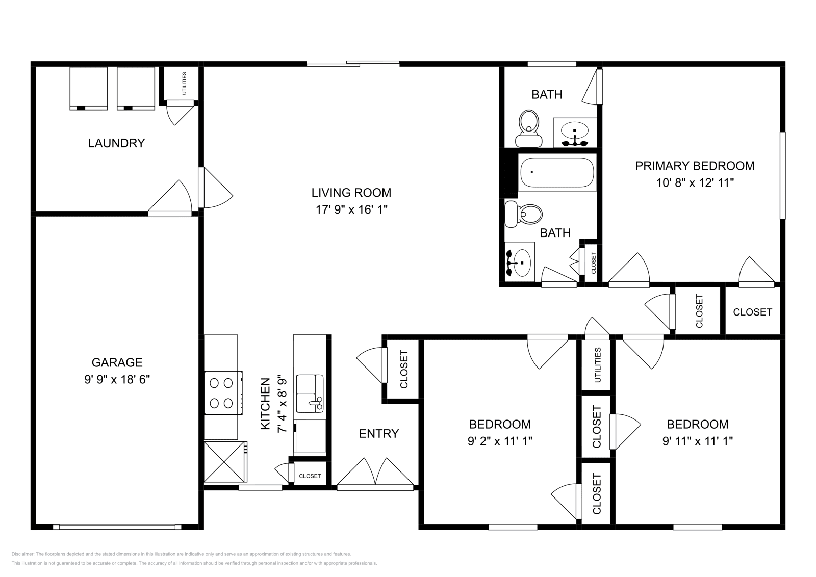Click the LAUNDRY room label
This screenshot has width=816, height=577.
(116, 143)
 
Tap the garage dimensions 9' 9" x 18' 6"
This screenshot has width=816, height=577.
(117, 380)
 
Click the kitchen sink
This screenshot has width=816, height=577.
(310, 392)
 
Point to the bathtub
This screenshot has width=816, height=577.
(557, 172)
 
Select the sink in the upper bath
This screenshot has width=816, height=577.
(575, 134)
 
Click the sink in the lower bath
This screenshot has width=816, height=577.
(519, 263)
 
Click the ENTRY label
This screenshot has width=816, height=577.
(378, 434)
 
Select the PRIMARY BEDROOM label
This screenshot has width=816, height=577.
(695, 166)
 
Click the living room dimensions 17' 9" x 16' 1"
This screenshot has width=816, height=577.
(351, 209)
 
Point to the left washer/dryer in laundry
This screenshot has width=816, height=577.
(88, 88)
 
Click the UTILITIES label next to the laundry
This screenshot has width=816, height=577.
(184, 83)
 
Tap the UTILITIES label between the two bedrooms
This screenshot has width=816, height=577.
(598, 365)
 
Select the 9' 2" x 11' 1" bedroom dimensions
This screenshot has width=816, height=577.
(500, 441)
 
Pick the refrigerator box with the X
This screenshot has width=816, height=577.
(224, 461)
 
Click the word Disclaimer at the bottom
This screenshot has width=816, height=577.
(22, 554)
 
